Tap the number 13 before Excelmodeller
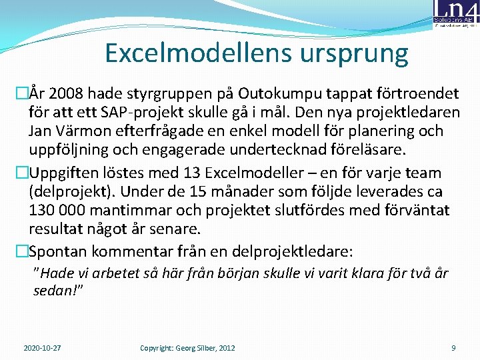(193, 173)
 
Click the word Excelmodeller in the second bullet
(256, 173)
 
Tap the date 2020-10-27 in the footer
(42, 348)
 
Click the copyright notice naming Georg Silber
(187, 348)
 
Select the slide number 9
(453, 348)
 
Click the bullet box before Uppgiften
(21, 173)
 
